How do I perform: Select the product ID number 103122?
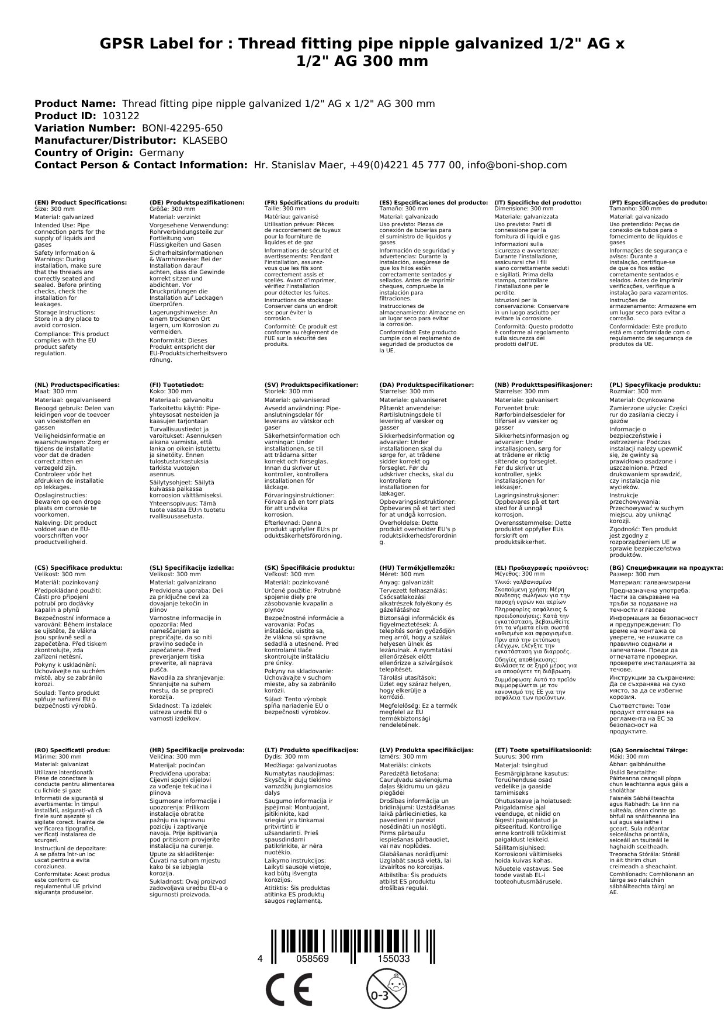[x=121, y=116]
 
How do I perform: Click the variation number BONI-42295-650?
[x=182, y=128]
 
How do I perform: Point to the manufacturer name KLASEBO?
[x=205, y=140]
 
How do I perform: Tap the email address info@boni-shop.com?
[x=517, y=165]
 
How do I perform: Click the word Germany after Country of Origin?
[x=161, y=153]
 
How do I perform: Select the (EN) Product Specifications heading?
[x=81, y=202]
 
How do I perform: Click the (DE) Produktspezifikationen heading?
[x=197, y=202]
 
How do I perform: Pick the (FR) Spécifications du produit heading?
[x=311, y=202]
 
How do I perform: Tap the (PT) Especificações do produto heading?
[x=658, y=202]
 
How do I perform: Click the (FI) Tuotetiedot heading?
[x=176, y=385]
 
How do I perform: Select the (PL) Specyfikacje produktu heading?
[x=655, y=385]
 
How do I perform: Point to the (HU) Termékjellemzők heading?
[x=417, y=567]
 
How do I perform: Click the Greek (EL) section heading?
[x=542, y=567]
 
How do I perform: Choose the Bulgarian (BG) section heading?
[x=666, y=567]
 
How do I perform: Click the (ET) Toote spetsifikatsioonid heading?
[x=543, y=749]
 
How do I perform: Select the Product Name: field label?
[x=75, y=103]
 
